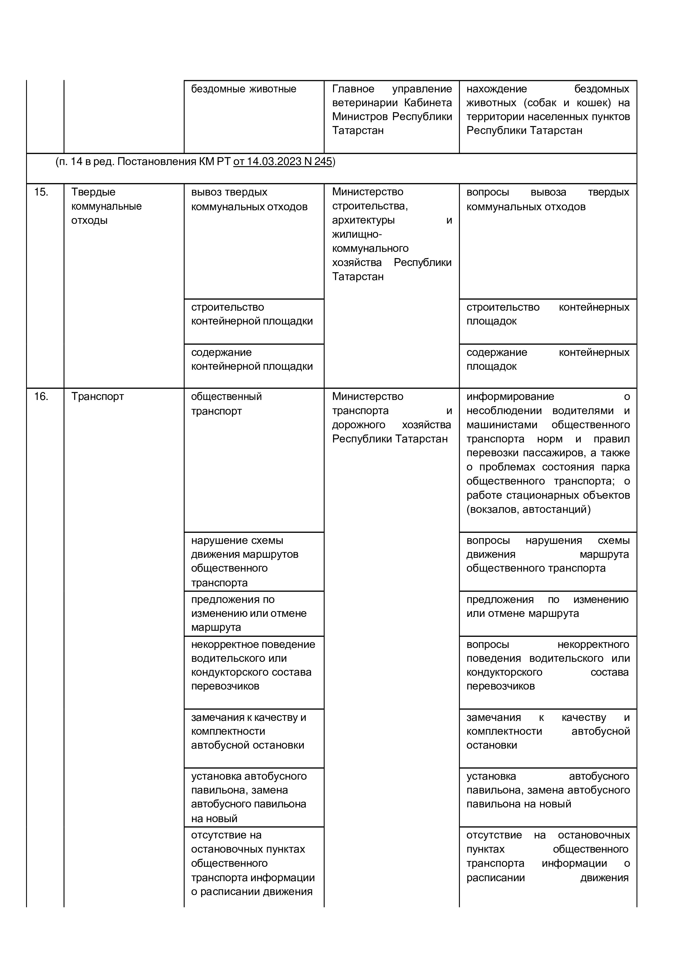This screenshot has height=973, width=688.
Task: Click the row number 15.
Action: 41,192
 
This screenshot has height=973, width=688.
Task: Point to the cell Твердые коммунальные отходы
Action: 106,206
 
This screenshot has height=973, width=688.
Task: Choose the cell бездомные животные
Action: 243,89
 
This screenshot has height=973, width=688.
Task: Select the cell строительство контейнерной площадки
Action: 252,315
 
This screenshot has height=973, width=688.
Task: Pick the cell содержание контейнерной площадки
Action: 252,359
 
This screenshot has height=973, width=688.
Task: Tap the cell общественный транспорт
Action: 226,404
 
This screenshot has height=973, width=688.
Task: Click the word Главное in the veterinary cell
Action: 353,89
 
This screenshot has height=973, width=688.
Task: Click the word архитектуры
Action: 363,220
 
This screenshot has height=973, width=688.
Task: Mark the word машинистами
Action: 502,425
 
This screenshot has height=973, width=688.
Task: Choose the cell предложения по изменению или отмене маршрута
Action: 249,613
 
